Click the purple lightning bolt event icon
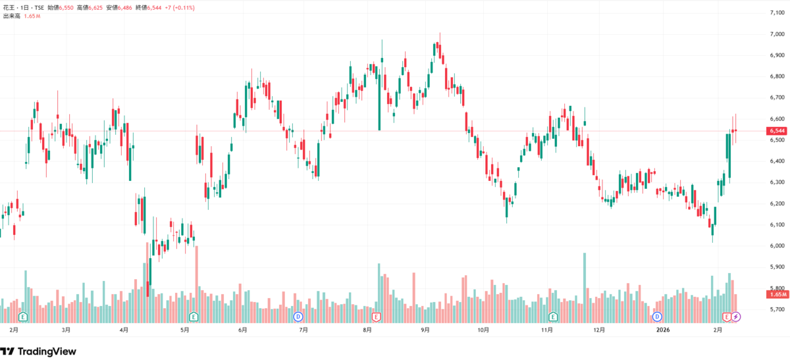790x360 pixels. (736, 317)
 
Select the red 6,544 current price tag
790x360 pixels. (777, 131)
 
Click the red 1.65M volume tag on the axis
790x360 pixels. (777, 294)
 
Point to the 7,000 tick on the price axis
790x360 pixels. (777, 34)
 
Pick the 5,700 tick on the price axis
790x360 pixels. (777, 309)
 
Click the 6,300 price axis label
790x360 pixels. (777, 182)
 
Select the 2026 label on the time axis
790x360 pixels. (663, 330)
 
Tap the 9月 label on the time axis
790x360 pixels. (425, 330)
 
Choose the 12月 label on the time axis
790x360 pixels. (599, 330)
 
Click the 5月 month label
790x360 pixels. (184, 330)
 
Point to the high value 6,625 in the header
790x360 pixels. (95, 7)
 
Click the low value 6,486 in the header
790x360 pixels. (125, 7)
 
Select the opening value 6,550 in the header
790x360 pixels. (66, 7)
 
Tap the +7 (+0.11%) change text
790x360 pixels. (180, 7)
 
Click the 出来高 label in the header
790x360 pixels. (12, 16)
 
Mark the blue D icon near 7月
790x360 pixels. (298, 317)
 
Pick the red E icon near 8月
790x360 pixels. (376, 317)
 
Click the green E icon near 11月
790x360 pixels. (552, 317)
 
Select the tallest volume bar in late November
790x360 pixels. (585, 288)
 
